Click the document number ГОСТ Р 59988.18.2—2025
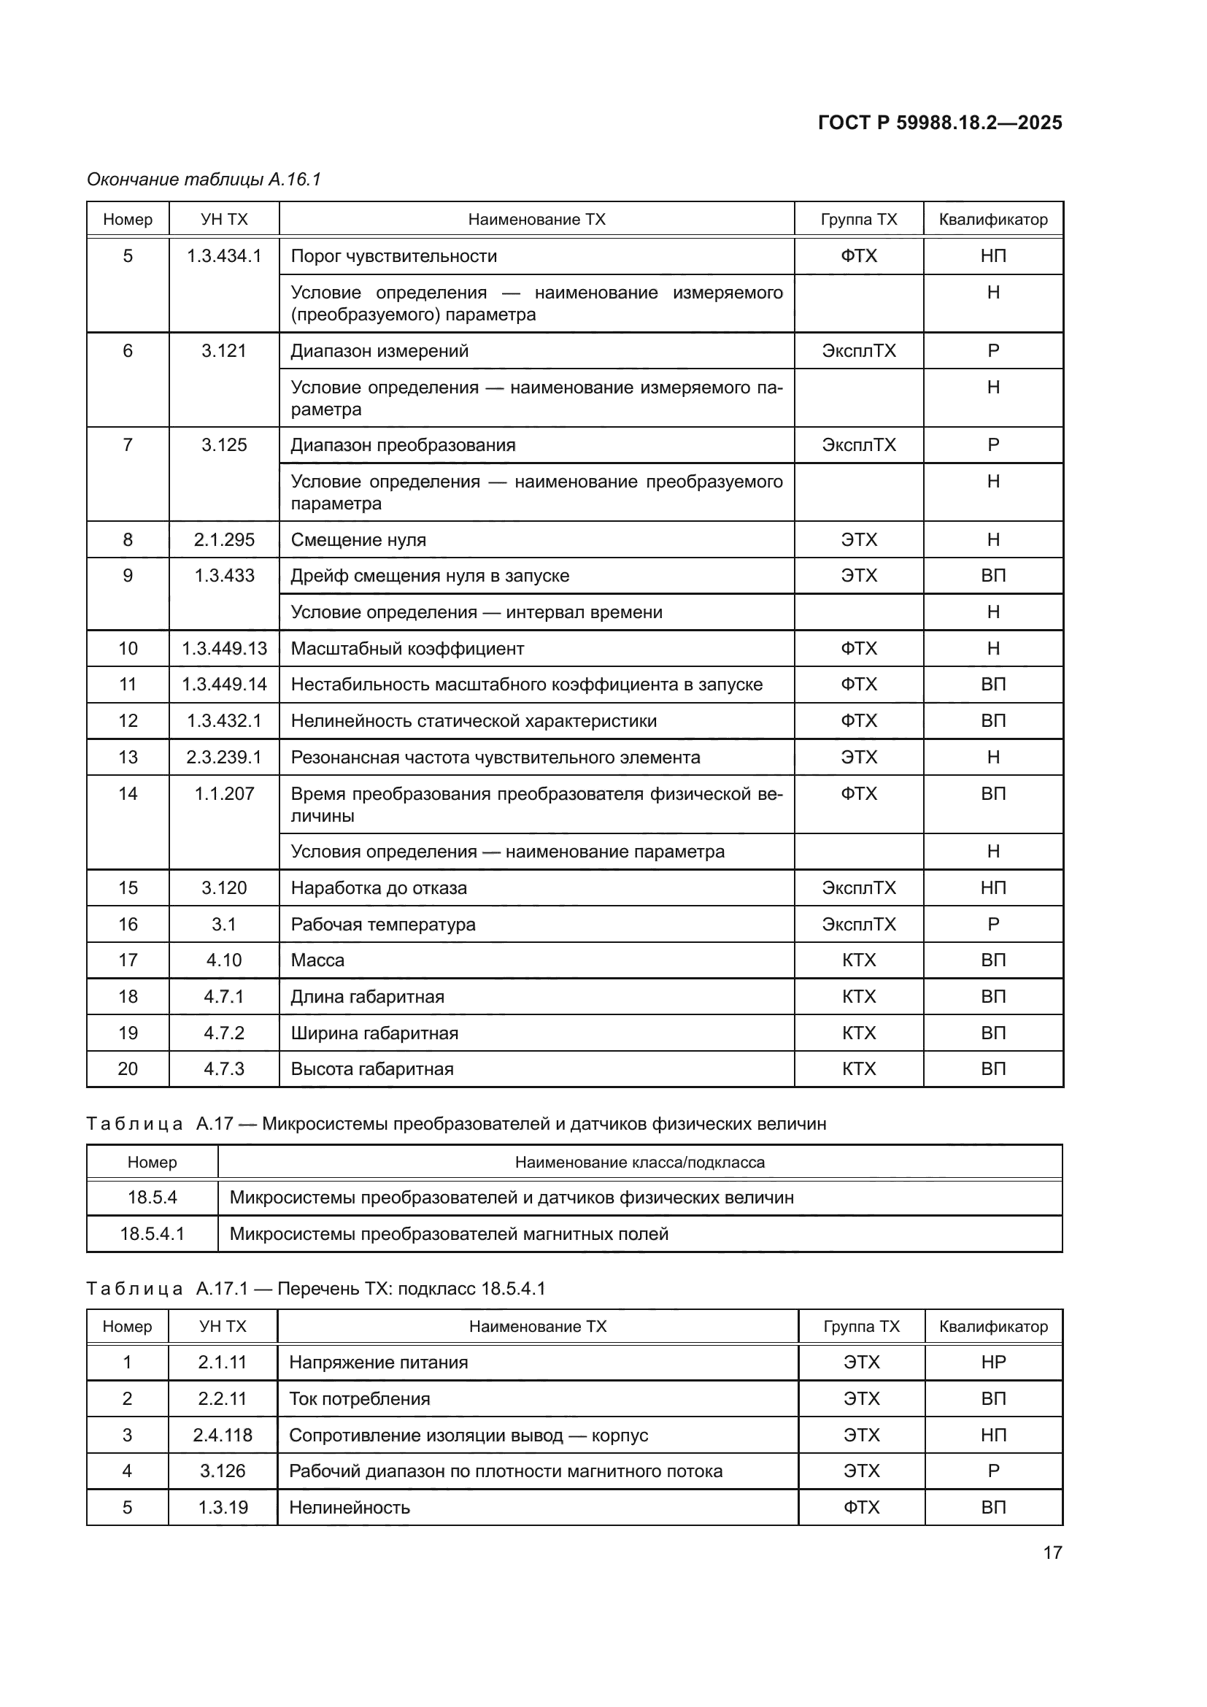(939, 123)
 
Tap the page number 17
(1052, 1552)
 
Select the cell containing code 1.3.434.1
(224, 256)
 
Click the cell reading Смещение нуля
(358, 540)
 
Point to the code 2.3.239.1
(224, 758)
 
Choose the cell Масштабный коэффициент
(407, 649)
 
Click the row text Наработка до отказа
(378, 888)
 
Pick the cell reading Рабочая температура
(383, 925)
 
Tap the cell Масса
(317, 960)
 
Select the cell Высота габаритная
(371, 1069)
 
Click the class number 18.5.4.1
(153, 1234)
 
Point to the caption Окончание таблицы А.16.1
(204, 180)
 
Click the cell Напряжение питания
(378, 1363)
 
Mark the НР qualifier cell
(993, 1363)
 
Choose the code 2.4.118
(223, 1436)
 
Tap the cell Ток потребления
(359, 1399)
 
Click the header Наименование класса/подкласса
(639, 1162)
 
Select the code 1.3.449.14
(224, 685)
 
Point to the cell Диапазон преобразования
(403, 445)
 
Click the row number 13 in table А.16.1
(128, 758)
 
